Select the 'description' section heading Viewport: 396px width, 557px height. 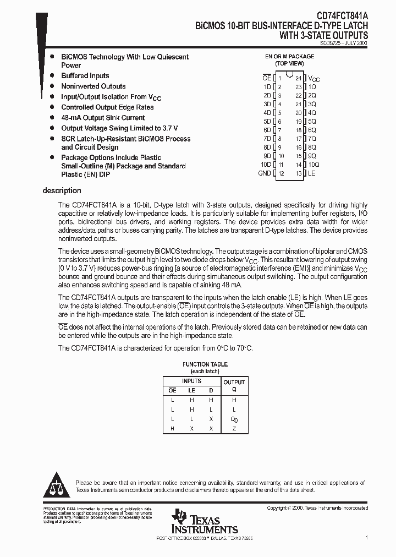pos(62,191)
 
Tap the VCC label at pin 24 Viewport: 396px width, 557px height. pos(313,79)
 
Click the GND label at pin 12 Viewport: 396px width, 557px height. pos(265,173)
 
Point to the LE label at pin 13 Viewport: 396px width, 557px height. pos(312,173)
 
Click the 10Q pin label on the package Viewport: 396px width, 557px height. pos(313,165)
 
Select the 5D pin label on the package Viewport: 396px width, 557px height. pos(267,122)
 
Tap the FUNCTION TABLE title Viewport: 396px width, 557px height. pos(204,364)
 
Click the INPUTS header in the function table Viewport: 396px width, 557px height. pos(191,381)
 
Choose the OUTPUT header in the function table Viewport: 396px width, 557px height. pos(234,382)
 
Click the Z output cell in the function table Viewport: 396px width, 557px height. pos(234,428)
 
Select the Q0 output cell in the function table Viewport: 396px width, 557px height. pos(234,419)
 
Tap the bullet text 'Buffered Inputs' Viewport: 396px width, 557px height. pos(85,76)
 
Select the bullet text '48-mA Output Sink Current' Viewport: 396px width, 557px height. pos(103,118)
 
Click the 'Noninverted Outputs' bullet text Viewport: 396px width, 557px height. pos(94,86)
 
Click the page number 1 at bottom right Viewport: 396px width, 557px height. pos(366,537)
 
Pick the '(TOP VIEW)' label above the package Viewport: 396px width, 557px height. pos(290,64)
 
